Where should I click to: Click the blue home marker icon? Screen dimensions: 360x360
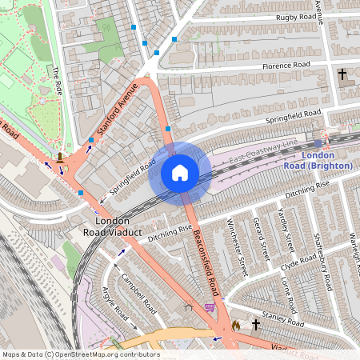(x=180, y=173)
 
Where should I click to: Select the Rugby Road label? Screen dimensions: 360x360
(x=283, y=17)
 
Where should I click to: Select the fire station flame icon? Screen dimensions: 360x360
(x=236, y=326)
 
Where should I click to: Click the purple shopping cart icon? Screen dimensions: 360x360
(x=210, y=306)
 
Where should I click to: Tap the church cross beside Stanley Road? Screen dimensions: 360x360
(x=256, y=325)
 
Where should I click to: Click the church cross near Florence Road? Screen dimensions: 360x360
(x=342, y=74)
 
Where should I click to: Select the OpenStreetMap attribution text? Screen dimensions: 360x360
(x=80, y=354)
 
